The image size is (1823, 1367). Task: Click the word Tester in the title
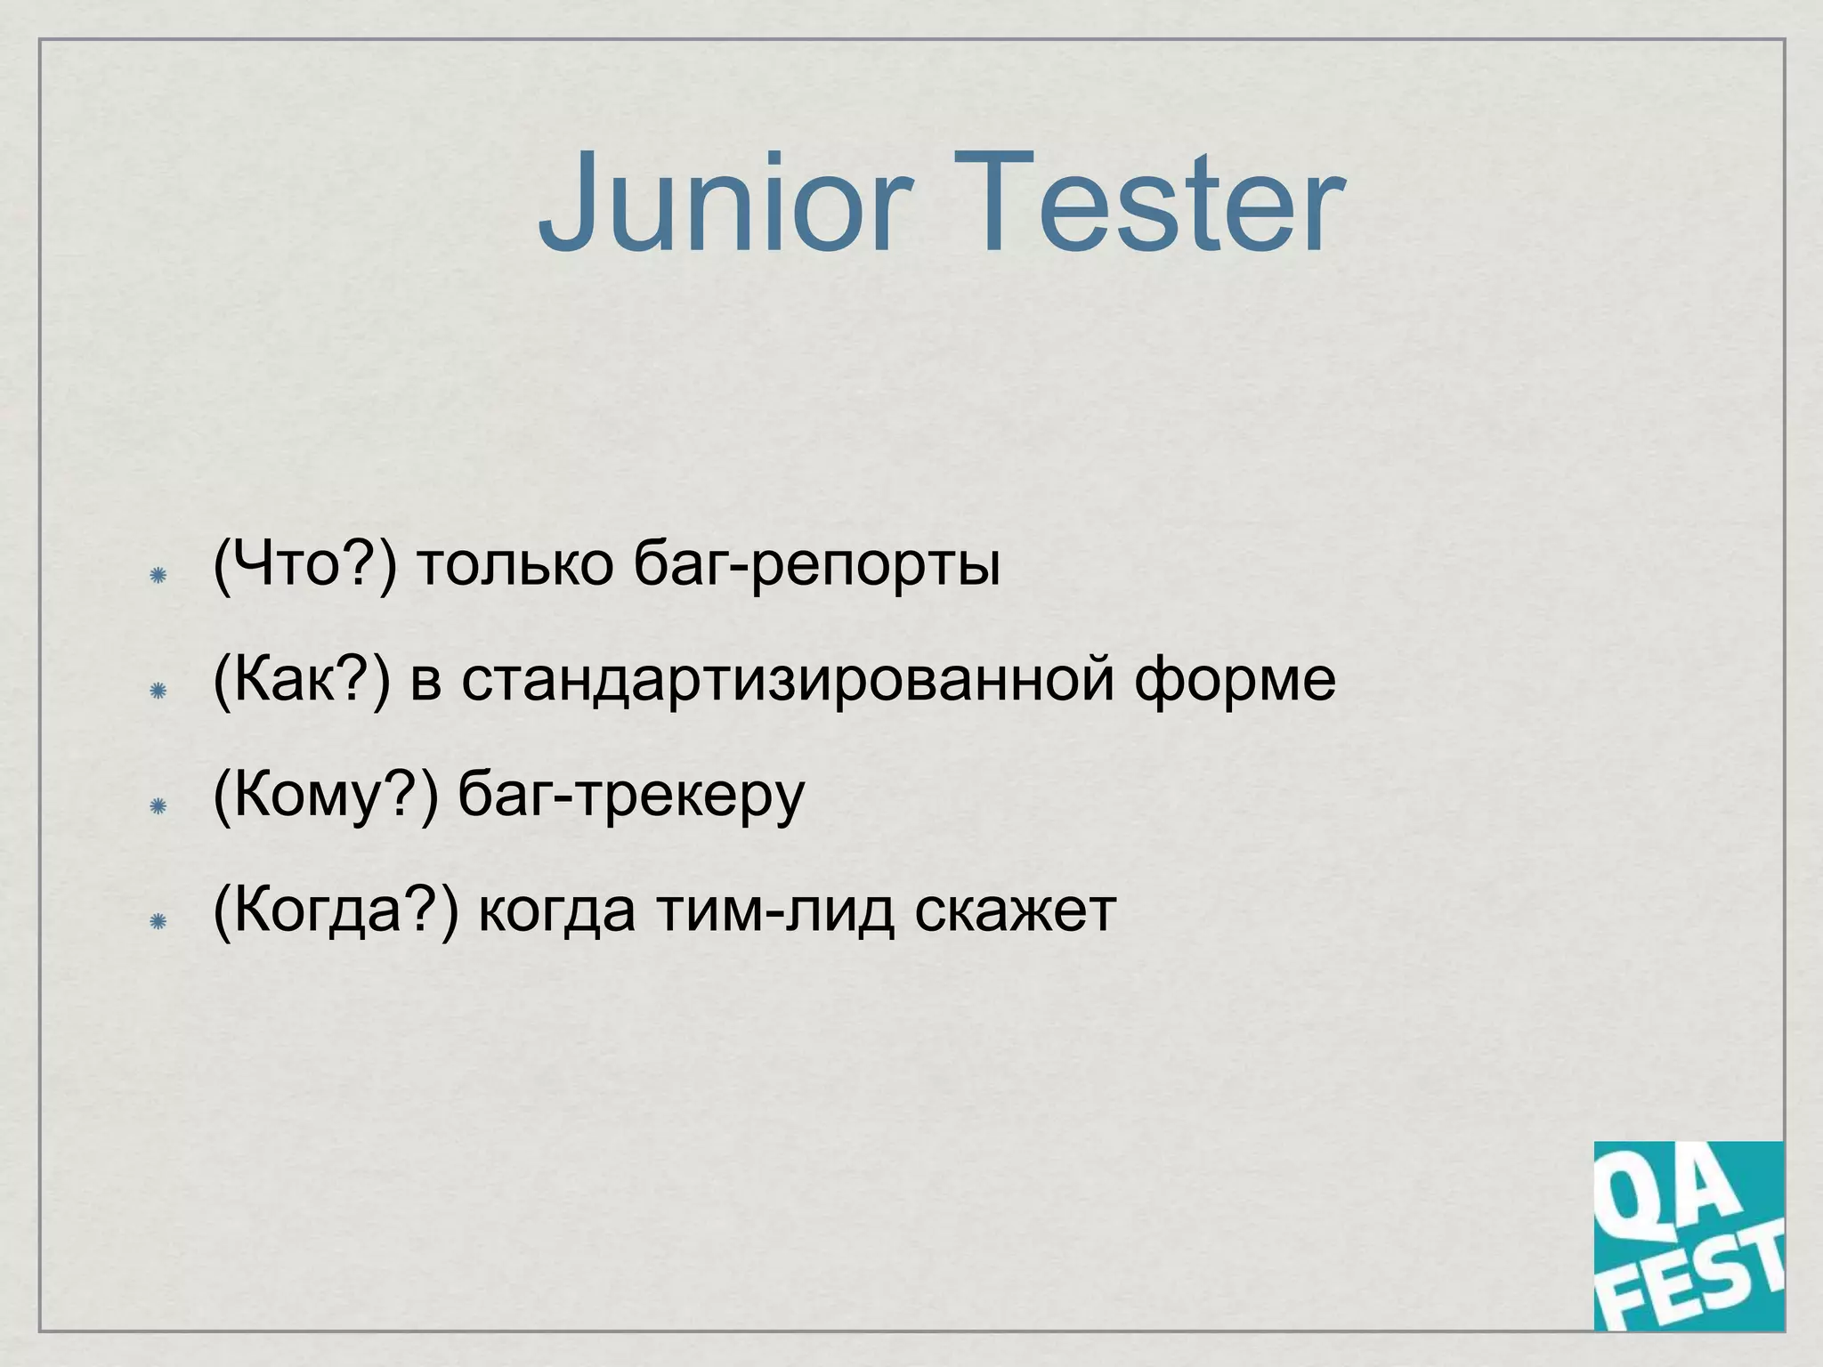click(x=1148, y=205)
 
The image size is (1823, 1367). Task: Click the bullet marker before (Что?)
click(x=158, y=576)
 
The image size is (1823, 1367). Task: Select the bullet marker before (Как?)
click(x=158, y=692)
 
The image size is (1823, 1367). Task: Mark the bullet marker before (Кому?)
click(x=158, y=806)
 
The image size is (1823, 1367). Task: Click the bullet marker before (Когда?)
click(x=158, y=921)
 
